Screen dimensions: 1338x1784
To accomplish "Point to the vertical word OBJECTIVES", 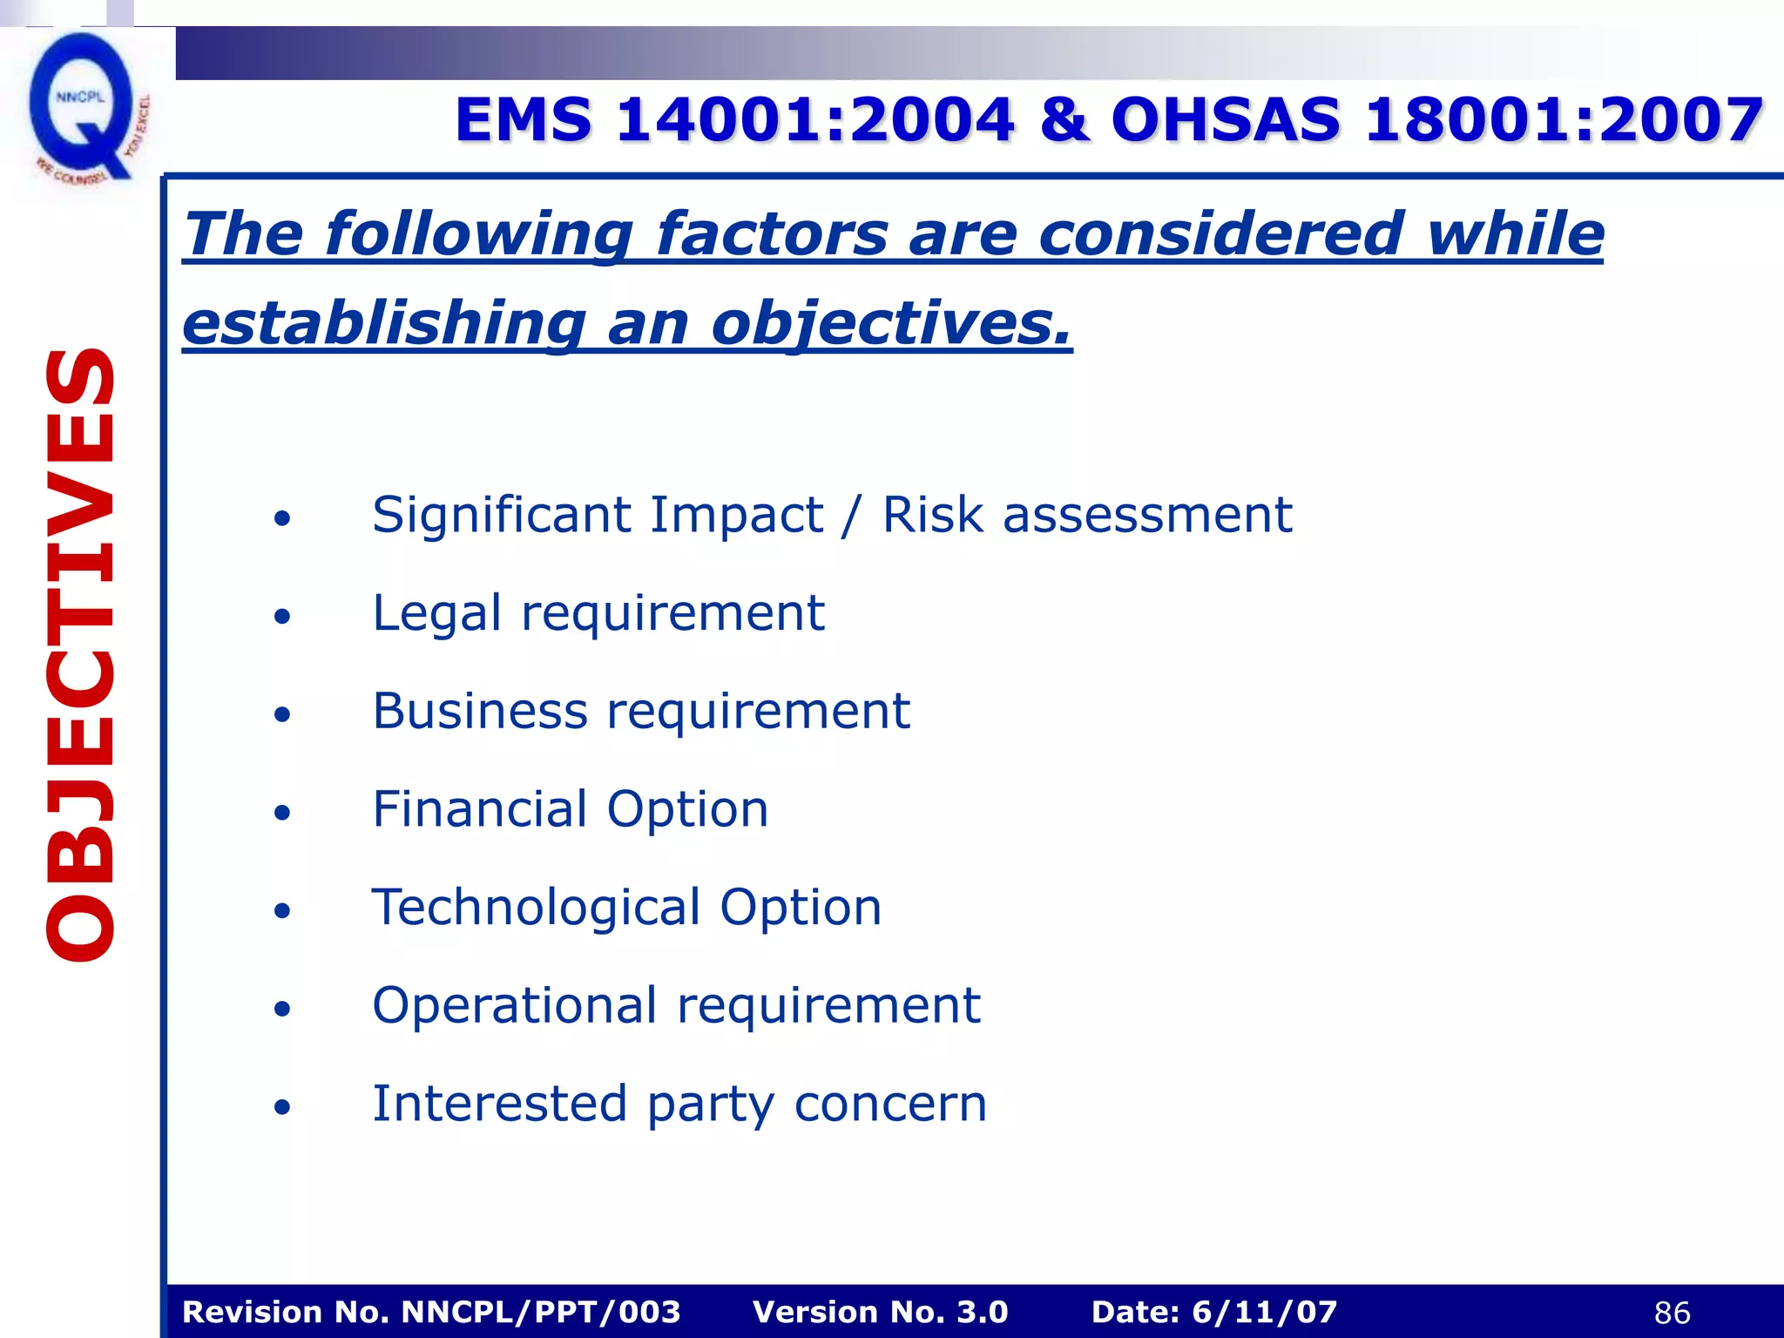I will [80, 653].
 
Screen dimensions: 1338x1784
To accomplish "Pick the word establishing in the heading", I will [383, 324].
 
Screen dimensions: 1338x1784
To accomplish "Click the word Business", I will [480, 711].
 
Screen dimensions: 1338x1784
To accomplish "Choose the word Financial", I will [480, 809].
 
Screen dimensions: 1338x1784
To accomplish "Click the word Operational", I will [514, 1005].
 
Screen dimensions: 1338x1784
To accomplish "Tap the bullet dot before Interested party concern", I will [281, 1107].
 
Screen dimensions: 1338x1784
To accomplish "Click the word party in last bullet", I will [710, 1105].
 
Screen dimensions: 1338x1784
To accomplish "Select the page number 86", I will [1672, 1313].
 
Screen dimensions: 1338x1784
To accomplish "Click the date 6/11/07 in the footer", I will [1264, 1312].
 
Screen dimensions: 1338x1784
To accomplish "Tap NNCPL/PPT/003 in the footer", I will [541, 1312].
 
